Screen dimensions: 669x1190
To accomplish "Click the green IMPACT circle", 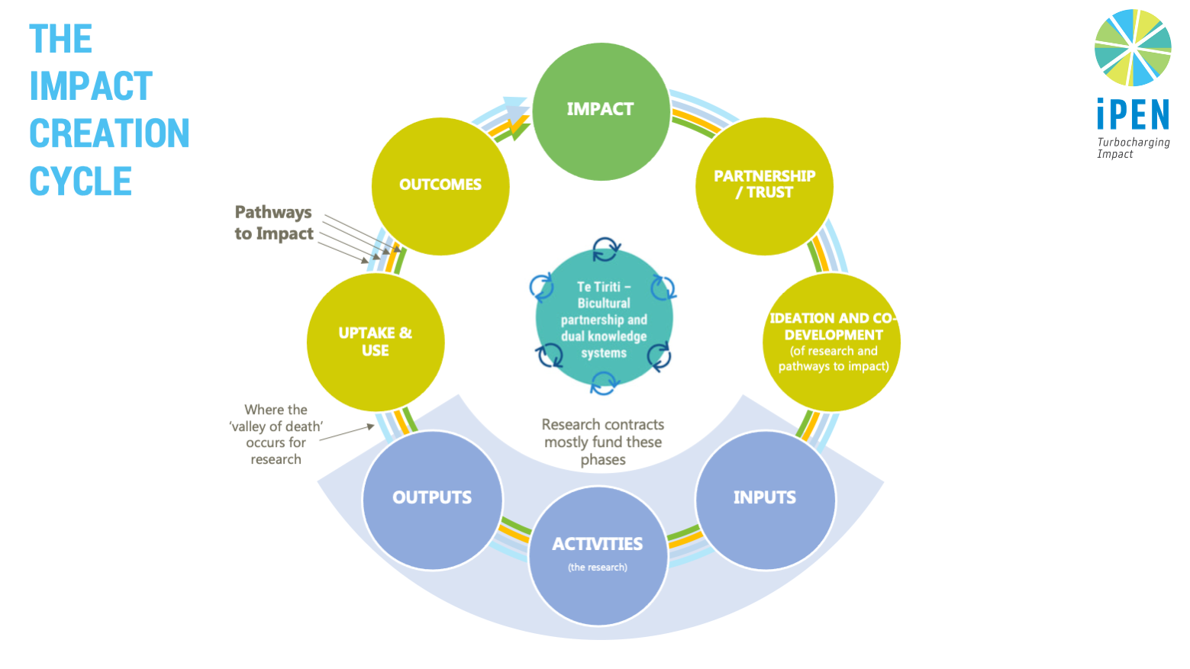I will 601,111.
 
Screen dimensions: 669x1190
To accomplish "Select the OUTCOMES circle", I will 440,186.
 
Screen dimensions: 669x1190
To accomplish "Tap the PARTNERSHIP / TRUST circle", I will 764,186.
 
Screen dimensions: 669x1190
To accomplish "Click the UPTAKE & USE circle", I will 376,342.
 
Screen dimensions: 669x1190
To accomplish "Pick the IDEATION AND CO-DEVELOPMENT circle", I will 832,342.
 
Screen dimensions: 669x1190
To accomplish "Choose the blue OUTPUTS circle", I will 432,500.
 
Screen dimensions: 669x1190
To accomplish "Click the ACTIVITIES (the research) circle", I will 598,556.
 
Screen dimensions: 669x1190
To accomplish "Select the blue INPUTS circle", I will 765,500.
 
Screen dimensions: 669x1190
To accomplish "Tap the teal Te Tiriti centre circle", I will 604,319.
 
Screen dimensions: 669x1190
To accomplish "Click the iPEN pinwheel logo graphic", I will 1133,47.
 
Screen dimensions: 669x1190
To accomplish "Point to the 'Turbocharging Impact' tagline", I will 1133,148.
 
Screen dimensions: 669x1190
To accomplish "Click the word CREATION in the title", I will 109,133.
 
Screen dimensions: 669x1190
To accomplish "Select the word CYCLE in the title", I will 80,182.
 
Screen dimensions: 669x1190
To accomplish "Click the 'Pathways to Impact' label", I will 274,223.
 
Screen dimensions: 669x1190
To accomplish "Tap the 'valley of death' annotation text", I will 276,434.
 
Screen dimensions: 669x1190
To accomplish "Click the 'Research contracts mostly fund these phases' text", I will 603,442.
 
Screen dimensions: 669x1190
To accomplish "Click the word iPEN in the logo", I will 1133,116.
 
